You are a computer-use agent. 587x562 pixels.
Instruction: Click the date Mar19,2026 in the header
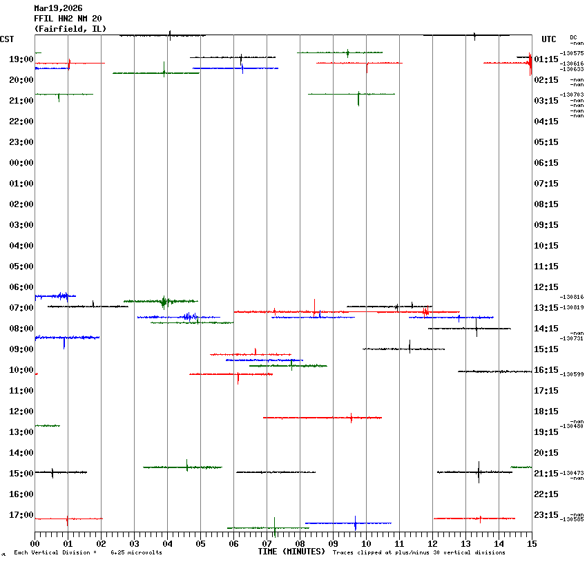pyautogui.click(x=58, y=8)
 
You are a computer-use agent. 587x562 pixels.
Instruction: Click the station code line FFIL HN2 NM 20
pyautogui.click(x=68, y=18)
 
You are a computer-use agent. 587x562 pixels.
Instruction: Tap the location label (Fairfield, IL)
pyautogui.click(x=70, y=28)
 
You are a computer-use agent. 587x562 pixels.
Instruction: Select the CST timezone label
pyautogui.click(x=8, y=39)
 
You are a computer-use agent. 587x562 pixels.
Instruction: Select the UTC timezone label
pyautogui.click(x=549, y=39)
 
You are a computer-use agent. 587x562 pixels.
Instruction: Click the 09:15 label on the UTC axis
pyautogui.click(x=546, y=225)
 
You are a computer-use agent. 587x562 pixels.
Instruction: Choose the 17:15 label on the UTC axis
pyautogui.click(x=546, y=391)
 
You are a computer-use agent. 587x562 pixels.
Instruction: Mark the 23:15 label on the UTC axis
pyautogui.click(x=546, y=515)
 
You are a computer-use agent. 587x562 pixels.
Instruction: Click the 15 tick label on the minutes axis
pyautogui.click(x=531, y=544)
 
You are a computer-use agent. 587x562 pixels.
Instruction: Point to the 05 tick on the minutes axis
pyautogui.click(x=200, y=544)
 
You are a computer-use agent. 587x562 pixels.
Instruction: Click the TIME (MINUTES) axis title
pyautogui.click(x=291, y=552)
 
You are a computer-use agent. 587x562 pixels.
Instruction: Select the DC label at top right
pyautogui.click(x=573, y=37)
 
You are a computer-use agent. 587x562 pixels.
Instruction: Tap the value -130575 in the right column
pyautogui.click(x=572, y=53)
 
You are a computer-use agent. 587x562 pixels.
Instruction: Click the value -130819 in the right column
pyautogui.click(x=572, y=307)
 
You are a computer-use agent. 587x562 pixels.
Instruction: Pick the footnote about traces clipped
pyautogui.click(x=418, y=552)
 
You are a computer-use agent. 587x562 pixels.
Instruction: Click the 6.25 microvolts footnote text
pyautogui.click(x=136, y=552)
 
